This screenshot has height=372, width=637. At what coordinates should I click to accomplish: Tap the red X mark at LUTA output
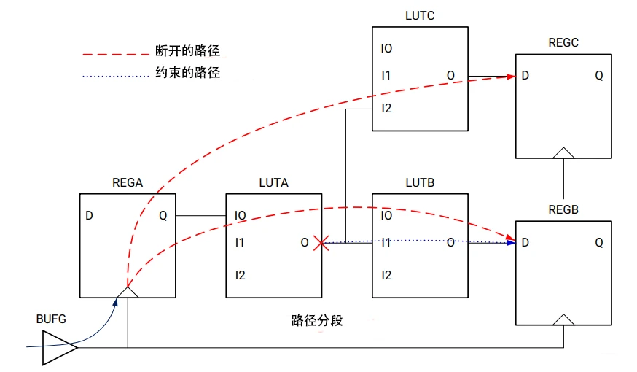(x=319, y=243)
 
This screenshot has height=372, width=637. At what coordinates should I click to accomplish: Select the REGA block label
(x=127, y=182)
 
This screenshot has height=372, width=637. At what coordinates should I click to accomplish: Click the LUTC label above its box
(x=419, y=16)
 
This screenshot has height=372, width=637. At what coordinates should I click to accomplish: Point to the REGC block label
(x=563, y=43)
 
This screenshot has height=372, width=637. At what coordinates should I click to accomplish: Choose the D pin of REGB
(x=525, y=243)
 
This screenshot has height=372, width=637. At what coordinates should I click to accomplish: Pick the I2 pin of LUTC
(x=386, y=109)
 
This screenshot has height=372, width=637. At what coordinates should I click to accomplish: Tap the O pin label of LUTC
(x=450, y=76)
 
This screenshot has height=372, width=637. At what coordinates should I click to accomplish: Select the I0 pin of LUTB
(x=386, y=216)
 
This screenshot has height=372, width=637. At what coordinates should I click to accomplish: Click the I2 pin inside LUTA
(x=240, y=275)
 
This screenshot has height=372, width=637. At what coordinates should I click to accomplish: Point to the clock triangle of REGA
(x=128, y=292)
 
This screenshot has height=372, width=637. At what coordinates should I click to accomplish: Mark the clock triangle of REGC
(x=563, y=152)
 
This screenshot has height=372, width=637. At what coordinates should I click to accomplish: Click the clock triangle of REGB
(x=563, y=319)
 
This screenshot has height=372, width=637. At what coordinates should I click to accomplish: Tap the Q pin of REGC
(x=598, y=76)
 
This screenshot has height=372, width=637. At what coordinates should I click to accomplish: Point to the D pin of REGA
(x=89, y=216)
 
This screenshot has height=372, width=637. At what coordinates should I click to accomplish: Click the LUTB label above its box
(x=419, y=182)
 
